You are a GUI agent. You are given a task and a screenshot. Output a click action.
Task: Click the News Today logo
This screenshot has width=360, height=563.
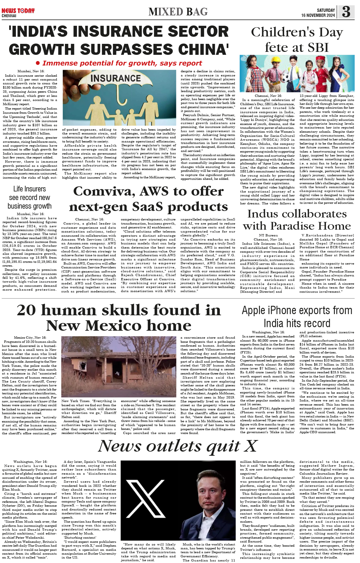pos(18,11)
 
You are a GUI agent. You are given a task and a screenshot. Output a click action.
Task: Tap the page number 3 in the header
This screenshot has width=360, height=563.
pos(346,12)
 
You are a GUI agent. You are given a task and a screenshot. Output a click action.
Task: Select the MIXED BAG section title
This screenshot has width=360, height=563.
pos(178,12)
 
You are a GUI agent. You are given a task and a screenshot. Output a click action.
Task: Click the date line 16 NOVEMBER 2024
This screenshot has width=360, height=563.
pos(318,15)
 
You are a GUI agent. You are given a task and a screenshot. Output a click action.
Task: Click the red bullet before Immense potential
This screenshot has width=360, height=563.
pos(38,63)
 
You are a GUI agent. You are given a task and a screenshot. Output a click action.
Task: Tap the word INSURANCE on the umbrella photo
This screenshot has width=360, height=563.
pos(116,79)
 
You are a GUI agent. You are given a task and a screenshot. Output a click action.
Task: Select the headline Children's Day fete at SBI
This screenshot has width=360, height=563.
pos(297,40)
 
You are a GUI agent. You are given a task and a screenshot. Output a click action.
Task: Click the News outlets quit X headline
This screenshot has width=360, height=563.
pos(178,446)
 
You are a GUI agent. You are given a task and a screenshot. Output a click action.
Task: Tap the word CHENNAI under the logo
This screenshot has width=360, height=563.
pos(9,16)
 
